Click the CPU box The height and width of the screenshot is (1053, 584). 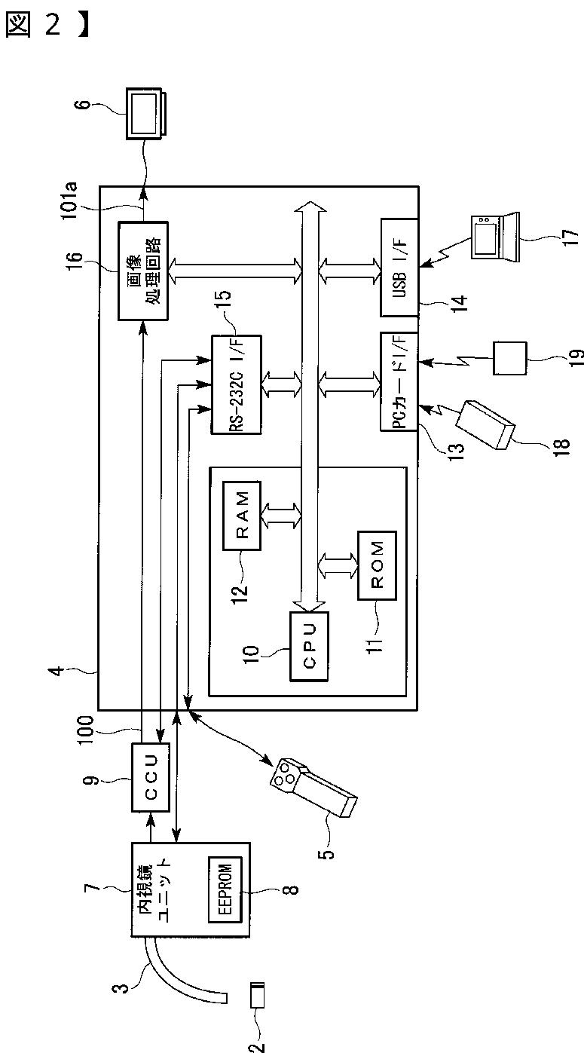point(309,646)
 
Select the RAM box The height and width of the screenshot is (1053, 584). point(241,516)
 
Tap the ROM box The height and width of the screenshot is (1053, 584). point(377,565)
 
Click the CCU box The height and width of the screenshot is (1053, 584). point(151,777)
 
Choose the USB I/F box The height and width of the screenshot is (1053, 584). point(399,267)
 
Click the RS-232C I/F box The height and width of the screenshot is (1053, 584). point(236,384)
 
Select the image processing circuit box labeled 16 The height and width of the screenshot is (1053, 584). point(143,271)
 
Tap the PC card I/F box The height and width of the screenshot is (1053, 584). point(399,381)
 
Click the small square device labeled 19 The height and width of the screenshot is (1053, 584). point(509,358)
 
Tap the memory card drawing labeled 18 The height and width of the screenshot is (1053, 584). point(485,425)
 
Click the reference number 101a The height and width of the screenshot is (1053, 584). point(70,200)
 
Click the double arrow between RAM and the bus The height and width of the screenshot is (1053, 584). point(281,516)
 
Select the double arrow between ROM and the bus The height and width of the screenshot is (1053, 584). point(338,565)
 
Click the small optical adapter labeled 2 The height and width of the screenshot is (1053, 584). point(258,995)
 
